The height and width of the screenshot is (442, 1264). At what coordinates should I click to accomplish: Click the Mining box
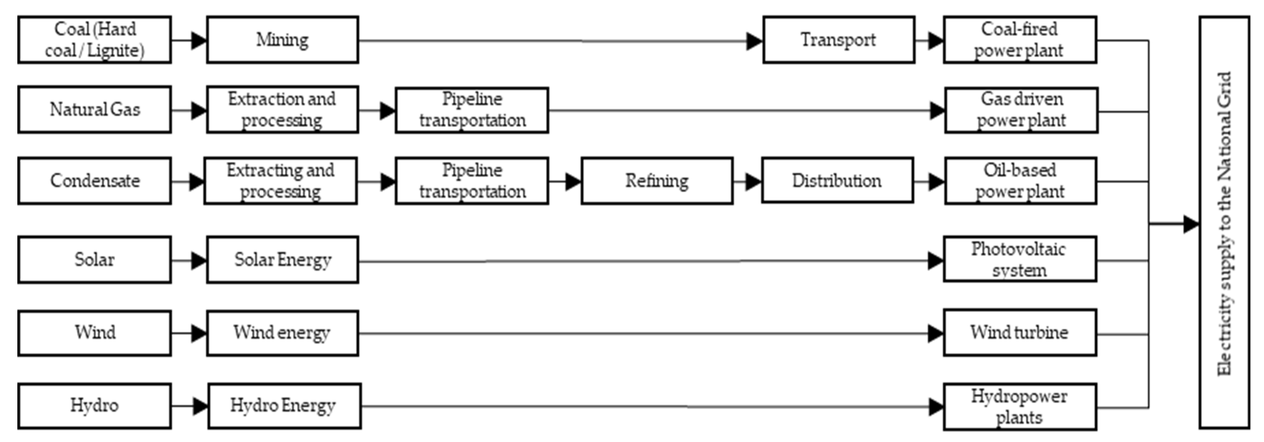click(x=282, y=40)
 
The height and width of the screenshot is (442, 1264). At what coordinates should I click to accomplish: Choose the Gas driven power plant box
click(x=1021, y=110)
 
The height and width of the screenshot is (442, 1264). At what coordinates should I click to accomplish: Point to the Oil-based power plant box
click(x=1020, y=181)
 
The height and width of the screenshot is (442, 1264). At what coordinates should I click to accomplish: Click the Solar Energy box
click(x=282, y=260)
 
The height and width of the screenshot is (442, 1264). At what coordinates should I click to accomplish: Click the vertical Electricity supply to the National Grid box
click(x=1224, y=223)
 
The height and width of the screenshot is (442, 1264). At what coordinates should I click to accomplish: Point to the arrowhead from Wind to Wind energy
click(x=198, y=334)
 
